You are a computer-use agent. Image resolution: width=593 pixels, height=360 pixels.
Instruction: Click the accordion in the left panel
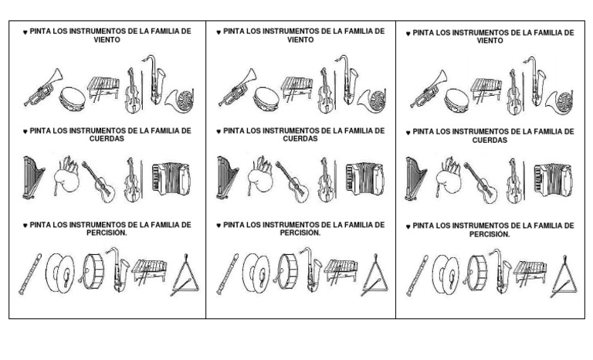tap(171, 179)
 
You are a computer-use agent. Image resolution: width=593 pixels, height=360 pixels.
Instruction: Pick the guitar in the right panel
tap(480, 183)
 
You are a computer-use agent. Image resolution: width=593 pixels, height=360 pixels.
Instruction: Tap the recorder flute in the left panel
tap(31, 273)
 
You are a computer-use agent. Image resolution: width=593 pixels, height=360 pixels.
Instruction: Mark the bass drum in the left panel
tap(91, 271)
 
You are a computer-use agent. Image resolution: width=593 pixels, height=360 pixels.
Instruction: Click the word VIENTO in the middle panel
tap(300, 39)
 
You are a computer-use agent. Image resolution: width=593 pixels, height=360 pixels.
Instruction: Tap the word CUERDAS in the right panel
tap(490, 141)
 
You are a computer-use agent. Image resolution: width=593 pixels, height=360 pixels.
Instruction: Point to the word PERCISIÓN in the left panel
tap(107, 233)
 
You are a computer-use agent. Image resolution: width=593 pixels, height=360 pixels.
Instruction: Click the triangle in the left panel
tap(185, 277)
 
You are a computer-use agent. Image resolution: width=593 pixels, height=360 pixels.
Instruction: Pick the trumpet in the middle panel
tap(236, 87)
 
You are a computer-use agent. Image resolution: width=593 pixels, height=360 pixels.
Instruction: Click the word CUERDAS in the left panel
tap(107, 139)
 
